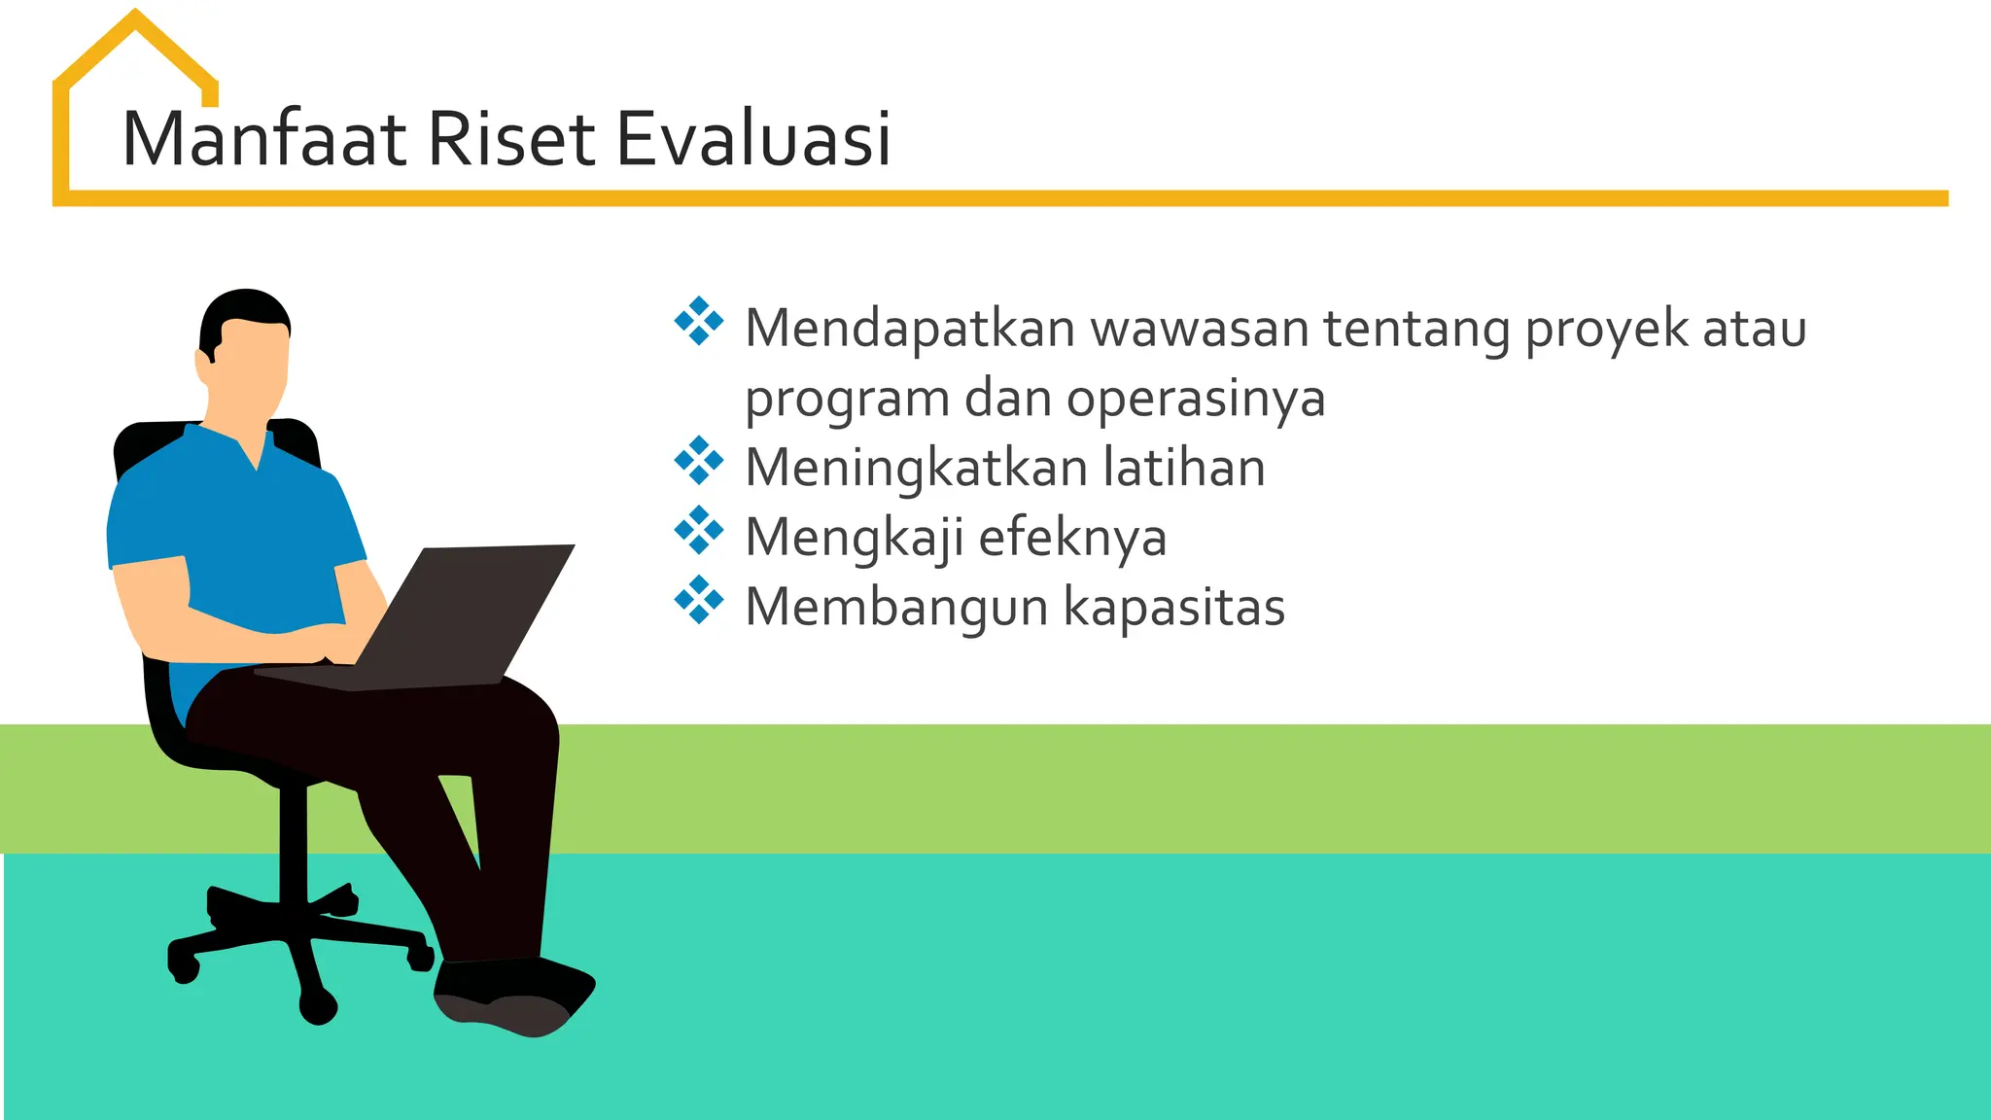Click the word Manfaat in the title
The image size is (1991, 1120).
pos(263,139)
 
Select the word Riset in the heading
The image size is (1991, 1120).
pos(509,139)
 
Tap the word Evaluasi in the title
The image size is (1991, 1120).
pos(753,139)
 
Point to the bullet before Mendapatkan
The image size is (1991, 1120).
pos(698,322)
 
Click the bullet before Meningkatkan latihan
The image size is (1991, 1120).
pos(698,461)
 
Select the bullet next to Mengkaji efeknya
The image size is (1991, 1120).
pos(698,531)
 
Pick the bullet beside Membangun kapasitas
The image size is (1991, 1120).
pos(698,600)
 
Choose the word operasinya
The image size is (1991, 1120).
pos(1196,400)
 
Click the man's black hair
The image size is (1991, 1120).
pos(243,309)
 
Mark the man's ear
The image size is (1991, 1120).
pos(205,365)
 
